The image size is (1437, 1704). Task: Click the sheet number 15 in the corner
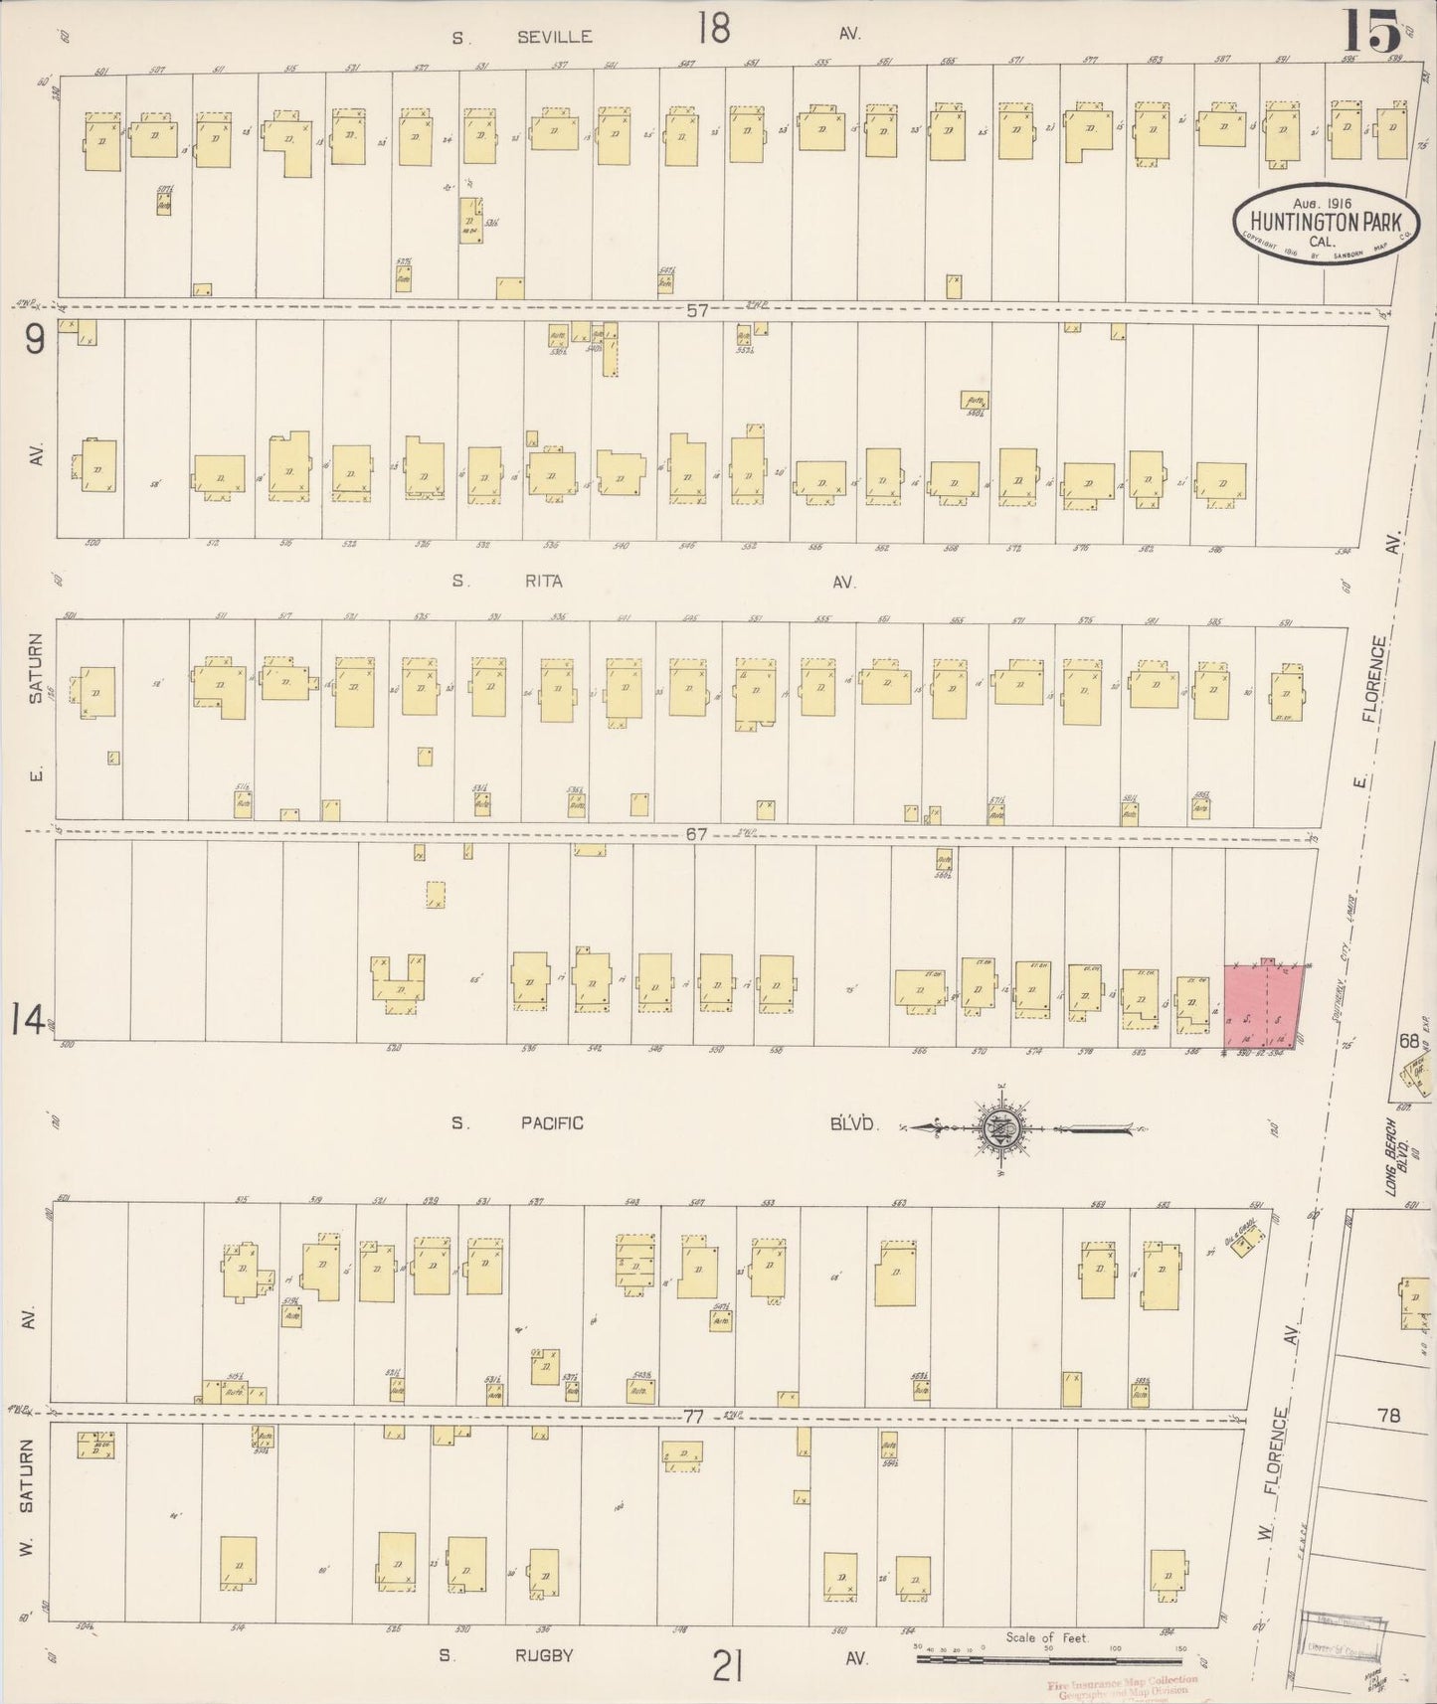point(1373,32)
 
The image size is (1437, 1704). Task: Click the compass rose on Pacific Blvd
point(997,1127)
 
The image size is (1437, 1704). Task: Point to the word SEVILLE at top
point(555,37)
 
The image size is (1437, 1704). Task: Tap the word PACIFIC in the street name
point(550,1123)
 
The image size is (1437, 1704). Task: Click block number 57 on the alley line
point(696,310)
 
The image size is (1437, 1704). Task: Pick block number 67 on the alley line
point(696,834)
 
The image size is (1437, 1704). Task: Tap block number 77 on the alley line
point(693,1416)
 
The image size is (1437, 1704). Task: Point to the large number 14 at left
point(27,1020)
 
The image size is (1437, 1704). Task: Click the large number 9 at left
point(35,341)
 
